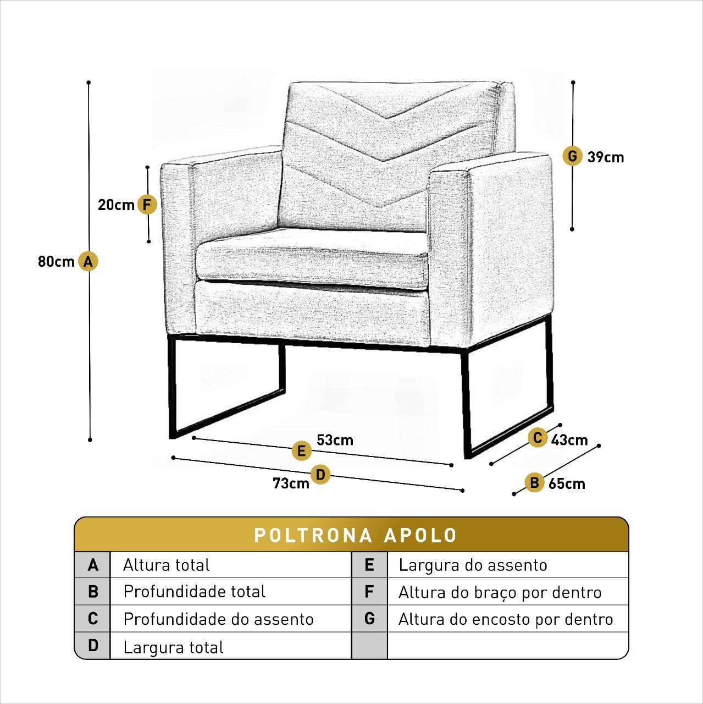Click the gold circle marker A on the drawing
[88, 261]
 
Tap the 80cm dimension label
[56, 262]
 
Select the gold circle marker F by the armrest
[147, 205]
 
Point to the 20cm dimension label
[116, 205]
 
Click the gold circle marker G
[572, 156]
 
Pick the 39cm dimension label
[606, 157]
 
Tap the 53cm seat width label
[335, 440]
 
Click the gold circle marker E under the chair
[301, 450]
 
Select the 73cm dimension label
[291, 483]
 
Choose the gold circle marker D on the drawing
[320, 475]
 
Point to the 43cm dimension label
[569, 440]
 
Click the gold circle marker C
[538, 438]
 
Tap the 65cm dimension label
[567, 483]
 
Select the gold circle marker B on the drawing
[534, 482]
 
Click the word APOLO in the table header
[420, 536]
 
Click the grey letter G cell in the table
[369, 619]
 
